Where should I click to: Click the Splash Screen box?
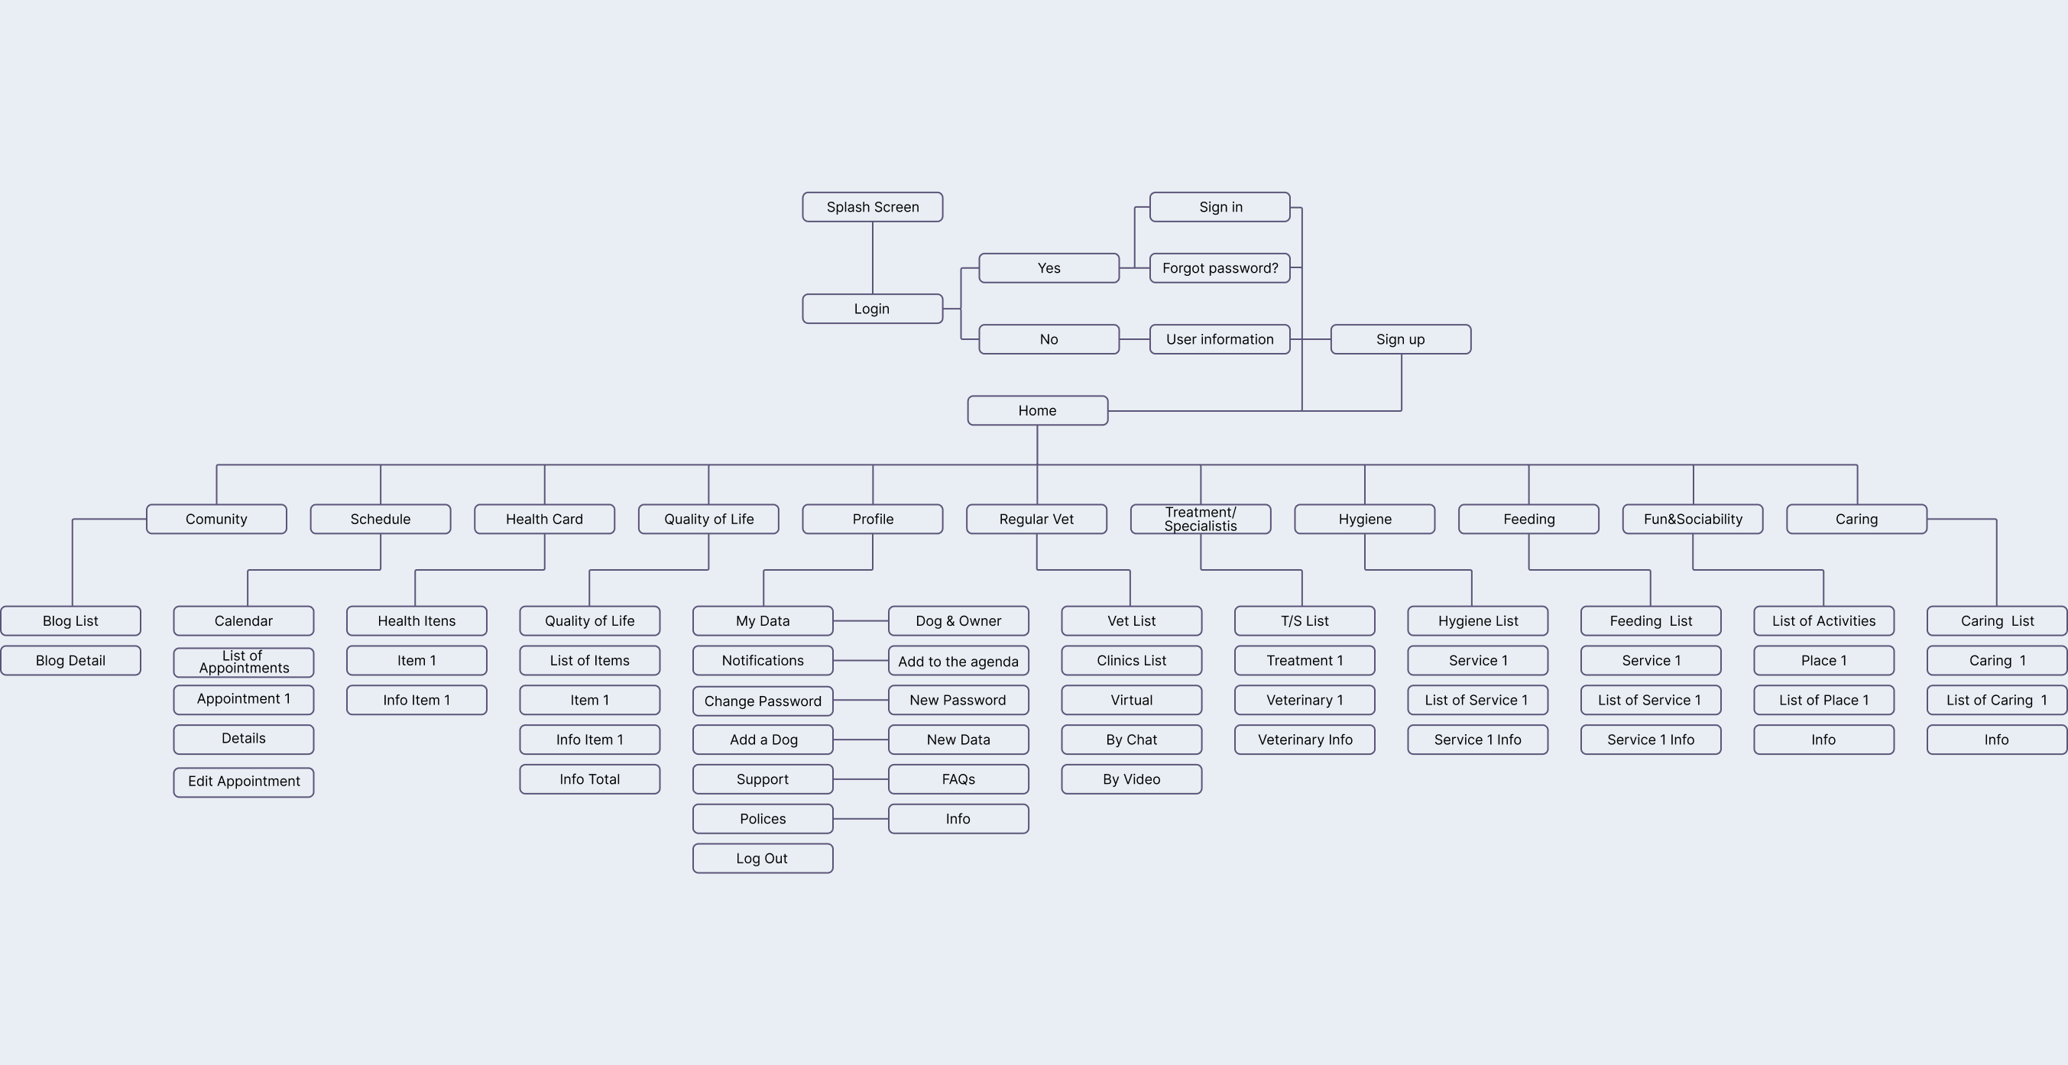[872, 207]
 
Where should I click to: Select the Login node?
[872, 309]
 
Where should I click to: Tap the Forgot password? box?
[1220, 268]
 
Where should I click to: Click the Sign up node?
[1400, 339]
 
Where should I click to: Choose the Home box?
[1037, 411]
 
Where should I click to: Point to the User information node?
[1220, 339]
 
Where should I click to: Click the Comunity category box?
[216, 520]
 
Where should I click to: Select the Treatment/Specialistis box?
[1200, 520]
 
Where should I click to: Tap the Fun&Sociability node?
[1692, 520]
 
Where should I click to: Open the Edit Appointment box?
[243, 782]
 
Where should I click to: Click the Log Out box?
[762, 859]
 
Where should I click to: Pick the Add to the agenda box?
[958, 662]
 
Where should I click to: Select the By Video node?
[1131, 779]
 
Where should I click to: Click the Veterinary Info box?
[1305, 740]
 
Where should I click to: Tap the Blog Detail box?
[70, 661]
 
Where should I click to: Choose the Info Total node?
[589, 779]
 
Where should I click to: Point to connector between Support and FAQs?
[861, 779]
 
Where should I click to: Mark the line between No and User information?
[1134, 339]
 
